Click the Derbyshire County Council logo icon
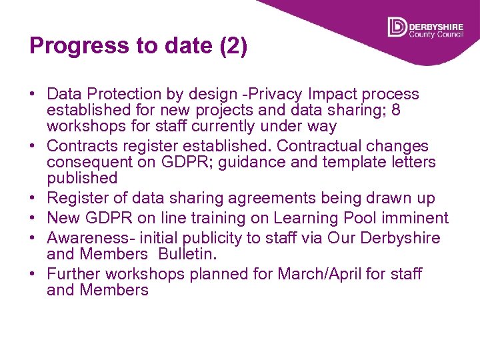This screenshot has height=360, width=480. [x=397, y=27]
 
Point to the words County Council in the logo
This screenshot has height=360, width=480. [x=435, y=35]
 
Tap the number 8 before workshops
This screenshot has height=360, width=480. [x=396, y=111]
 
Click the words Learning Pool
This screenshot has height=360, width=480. [x=317, y=219]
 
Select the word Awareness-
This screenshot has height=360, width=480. [x=91, y=239]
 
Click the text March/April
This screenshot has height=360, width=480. [x=323, y=275]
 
